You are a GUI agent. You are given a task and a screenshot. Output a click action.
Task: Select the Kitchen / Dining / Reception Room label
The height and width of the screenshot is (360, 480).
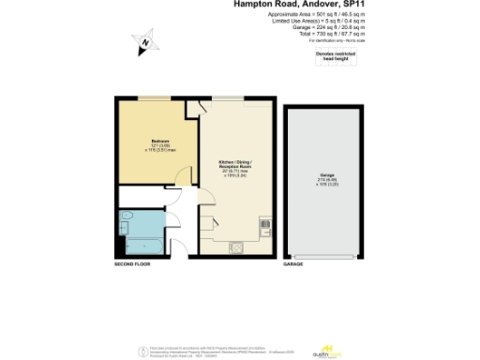click(x=234, y=165)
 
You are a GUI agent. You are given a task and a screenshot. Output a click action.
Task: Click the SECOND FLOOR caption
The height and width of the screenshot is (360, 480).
click(x=132, y=265)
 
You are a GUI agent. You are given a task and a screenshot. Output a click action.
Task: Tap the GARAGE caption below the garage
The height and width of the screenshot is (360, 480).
click(x=293, y=265)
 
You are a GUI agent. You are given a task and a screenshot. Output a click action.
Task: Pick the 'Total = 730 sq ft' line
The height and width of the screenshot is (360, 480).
click(x=331, y=33)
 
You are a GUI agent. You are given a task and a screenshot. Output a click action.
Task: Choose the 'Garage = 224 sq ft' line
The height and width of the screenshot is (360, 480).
click(x=331, y=27)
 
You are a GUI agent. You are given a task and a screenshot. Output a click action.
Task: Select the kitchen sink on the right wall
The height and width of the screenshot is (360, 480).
click(x=264, y=224)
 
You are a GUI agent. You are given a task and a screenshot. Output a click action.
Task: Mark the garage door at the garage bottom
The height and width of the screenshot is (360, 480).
click(x=327, y=255)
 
